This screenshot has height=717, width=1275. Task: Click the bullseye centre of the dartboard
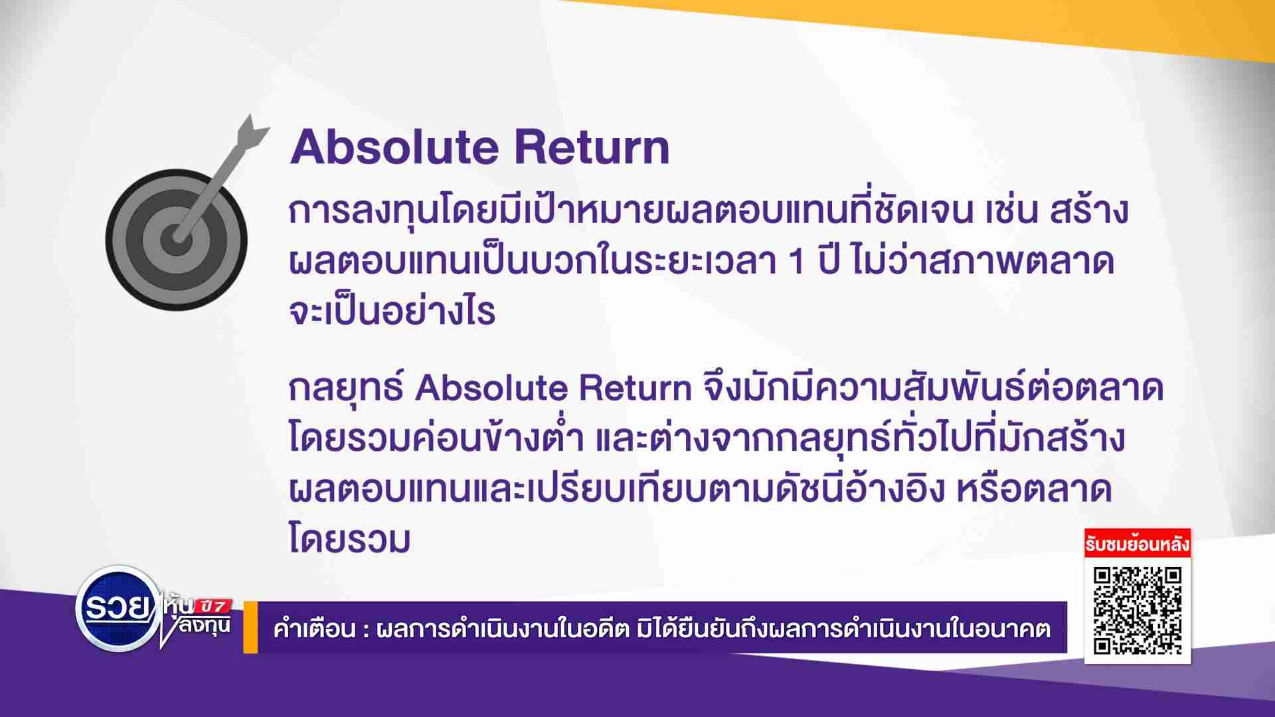(177, 238)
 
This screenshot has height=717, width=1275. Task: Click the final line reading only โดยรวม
(349, 538)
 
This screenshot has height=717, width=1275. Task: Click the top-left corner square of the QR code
(1104, 576)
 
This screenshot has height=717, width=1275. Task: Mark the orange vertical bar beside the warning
(250, 627)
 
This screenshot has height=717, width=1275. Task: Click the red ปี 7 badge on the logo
(214, 605)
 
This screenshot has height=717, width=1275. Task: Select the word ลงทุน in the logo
(204, 625)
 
